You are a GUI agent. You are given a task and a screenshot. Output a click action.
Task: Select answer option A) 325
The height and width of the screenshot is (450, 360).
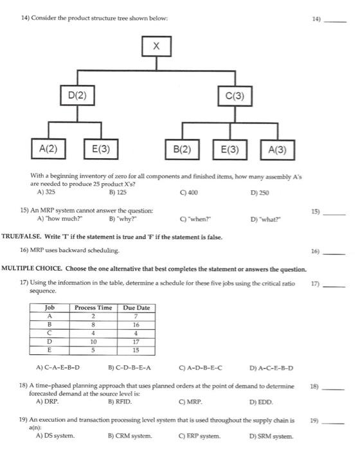[48, 192]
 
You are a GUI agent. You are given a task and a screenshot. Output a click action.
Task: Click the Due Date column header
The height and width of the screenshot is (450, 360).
[136, 308]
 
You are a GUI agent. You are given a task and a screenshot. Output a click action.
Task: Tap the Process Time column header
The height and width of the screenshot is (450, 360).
[94, 308]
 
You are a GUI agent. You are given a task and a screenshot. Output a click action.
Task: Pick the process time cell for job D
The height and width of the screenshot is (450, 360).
[94, 343]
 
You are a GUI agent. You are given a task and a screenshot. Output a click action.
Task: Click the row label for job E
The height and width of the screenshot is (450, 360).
[50, 351]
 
